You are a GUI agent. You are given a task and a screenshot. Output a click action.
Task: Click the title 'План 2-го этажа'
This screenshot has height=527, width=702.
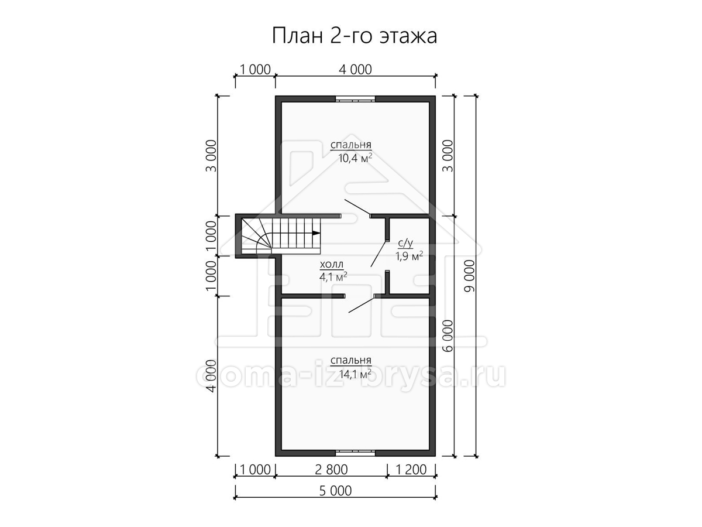pyautogui.click(x=355, y=36)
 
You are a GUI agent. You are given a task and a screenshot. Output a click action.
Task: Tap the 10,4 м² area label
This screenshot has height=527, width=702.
pyautogui.click(x=355, y=158)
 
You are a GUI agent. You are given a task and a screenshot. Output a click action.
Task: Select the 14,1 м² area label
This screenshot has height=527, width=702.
pyautogui.click(x=355, y=374)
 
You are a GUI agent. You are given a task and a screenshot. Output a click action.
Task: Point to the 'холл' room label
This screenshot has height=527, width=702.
pyautogui.click(x=332, y=264)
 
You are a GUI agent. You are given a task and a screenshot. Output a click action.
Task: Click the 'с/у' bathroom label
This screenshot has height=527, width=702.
pyautogui.click(x=405, y=244)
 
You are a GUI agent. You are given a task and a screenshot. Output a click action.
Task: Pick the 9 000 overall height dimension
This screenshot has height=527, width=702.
pyautogui.click(x=470, y=276)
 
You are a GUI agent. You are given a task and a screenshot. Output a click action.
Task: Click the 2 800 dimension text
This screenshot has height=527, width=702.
pyautogui.click(x=331, y=470)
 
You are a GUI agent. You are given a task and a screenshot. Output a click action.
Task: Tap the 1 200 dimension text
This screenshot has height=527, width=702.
pyautogui.click(x=411, y=470)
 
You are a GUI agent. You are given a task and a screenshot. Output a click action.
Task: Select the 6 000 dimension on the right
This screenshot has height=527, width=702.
pyautogui.click(x=449, y=336)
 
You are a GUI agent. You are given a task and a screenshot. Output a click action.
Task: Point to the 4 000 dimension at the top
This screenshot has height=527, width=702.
pyautogui.click(x=355, y=70)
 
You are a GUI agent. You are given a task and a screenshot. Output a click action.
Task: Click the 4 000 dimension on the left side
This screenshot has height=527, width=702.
pyautogui.click(x=211, y=376)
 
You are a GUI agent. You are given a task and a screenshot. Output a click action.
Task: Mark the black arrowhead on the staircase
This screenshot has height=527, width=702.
pyautogui.click(x=316, y=233)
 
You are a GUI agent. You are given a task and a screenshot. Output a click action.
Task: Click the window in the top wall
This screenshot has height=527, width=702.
pyautogui.click(x=355, y=99)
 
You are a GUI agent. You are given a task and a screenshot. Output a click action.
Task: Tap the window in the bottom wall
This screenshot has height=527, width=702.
pyautogui.click(x=355, y=453)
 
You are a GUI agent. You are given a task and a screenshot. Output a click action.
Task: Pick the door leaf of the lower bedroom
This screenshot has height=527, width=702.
pyautogui.click(x=362, y=304)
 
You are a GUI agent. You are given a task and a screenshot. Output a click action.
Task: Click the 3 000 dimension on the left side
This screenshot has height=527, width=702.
pyautogui.click(x=211, y=156)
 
